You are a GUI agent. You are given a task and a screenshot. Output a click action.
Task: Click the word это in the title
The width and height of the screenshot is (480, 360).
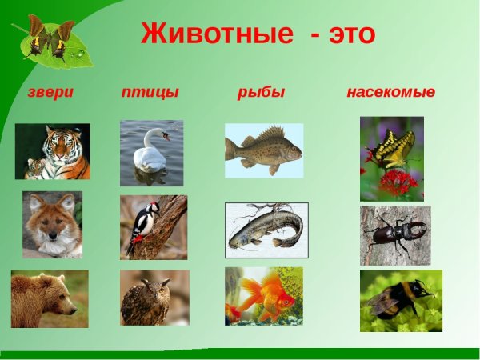(345, 35)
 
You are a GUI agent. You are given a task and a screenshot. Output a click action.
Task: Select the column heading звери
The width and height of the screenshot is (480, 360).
(50, 92)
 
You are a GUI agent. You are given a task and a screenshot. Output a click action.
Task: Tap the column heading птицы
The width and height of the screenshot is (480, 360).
(150, 92)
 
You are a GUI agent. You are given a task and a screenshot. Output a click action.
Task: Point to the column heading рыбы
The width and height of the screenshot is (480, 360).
(261, 92)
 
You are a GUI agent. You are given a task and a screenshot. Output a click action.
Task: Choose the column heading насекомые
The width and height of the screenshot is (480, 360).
(390, 92)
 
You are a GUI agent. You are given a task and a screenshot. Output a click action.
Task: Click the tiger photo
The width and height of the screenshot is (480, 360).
(52, 151)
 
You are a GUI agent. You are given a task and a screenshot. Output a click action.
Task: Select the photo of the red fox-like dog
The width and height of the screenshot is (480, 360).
(52, 224)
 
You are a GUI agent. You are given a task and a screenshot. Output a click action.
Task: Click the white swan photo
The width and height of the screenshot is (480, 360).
(151, 153)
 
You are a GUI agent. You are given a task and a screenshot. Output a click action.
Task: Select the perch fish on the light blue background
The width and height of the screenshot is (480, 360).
(264, 150)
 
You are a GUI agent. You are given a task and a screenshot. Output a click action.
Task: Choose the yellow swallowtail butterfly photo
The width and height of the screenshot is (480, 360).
(391, 148)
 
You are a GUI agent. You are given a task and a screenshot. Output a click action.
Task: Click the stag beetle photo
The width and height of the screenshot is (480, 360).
(395, 235)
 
